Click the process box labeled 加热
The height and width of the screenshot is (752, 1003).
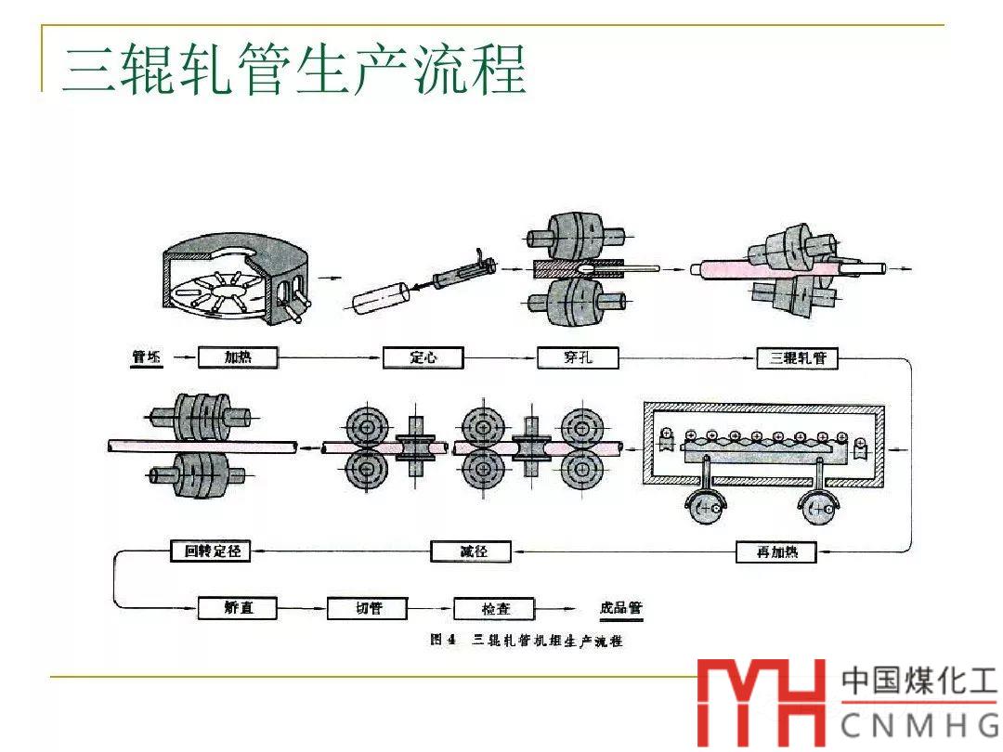[238, 357]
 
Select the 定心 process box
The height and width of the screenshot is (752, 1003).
[423, 357]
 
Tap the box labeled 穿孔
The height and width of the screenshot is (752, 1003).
[578, 357]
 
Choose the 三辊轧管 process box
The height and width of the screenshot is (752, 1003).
[797, 357]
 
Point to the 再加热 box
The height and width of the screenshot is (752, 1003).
[775, 552]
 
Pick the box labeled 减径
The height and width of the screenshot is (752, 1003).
[472, 551]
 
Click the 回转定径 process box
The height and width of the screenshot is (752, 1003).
[212, 551]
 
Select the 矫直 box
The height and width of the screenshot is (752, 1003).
[238, 609]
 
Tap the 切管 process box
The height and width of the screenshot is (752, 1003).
[368, 609]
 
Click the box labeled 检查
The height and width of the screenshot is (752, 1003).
[495, 610]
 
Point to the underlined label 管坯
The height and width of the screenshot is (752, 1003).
[147, 357]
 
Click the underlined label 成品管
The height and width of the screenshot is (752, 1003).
[621, 609]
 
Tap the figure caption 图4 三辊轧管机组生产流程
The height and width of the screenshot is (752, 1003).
[526, 641]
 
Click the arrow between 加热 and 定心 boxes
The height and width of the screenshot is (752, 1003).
[330, 357]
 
